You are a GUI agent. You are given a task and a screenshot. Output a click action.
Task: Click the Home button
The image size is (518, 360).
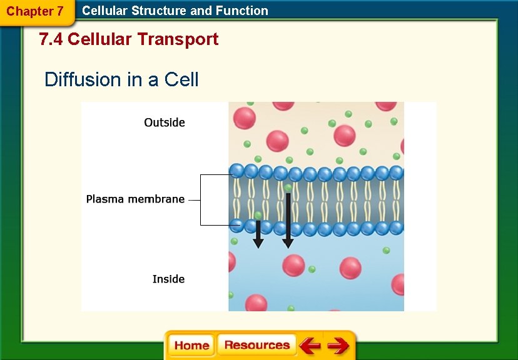click(191, 346)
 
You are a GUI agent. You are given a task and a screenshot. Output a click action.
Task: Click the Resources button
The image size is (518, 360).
click(256, 345)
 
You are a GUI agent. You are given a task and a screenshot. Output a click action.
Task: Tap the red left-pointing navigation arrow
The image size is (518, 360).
click(309, 345)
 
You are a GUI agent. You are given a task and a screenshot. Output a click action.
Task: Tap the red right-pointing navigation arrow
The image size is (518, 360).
click(338, 345)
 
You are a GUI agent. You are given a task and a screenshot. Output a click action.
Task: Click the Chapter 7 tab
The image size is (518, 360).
click(35, 11)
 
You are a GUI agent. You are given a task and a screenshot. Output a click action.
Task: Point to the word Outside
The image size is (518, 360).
click(165, 122)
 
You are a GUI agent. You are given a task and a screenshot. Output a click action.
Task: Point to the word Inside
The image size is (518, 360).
click(168, 279)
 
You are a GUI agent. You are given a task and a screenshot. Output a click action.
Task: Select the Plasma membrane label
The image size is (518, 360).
click(135, 199)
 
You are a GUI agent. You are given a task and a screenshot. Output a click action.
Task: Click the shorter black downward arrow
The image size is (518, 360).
click(258, 234)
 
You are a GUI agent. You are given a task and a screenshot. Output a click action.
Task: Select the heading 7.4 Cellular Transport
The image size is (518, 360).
click(128, 39)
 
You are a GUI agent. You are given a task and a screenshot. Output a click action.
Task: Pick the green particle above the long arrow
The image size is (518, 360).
click(288, 187)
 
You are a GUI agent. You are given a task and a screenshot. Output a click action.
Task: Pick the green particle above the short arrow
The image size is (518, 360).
click(258, 215)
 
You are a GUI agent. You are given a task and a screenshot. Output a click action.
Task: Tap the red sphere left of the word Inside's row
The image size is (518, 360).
click(293, 266)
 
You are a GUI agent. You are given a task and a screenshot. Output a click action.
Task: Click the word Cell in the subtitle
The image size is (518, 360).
click(181, 80)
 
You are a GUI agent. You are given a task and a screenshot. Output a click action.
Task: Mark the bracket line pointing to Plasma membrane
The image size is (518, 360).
click(201, 199)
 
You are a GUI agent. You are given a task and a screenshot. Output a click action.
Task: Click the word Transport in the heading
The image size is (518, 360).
click(178, 39)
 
